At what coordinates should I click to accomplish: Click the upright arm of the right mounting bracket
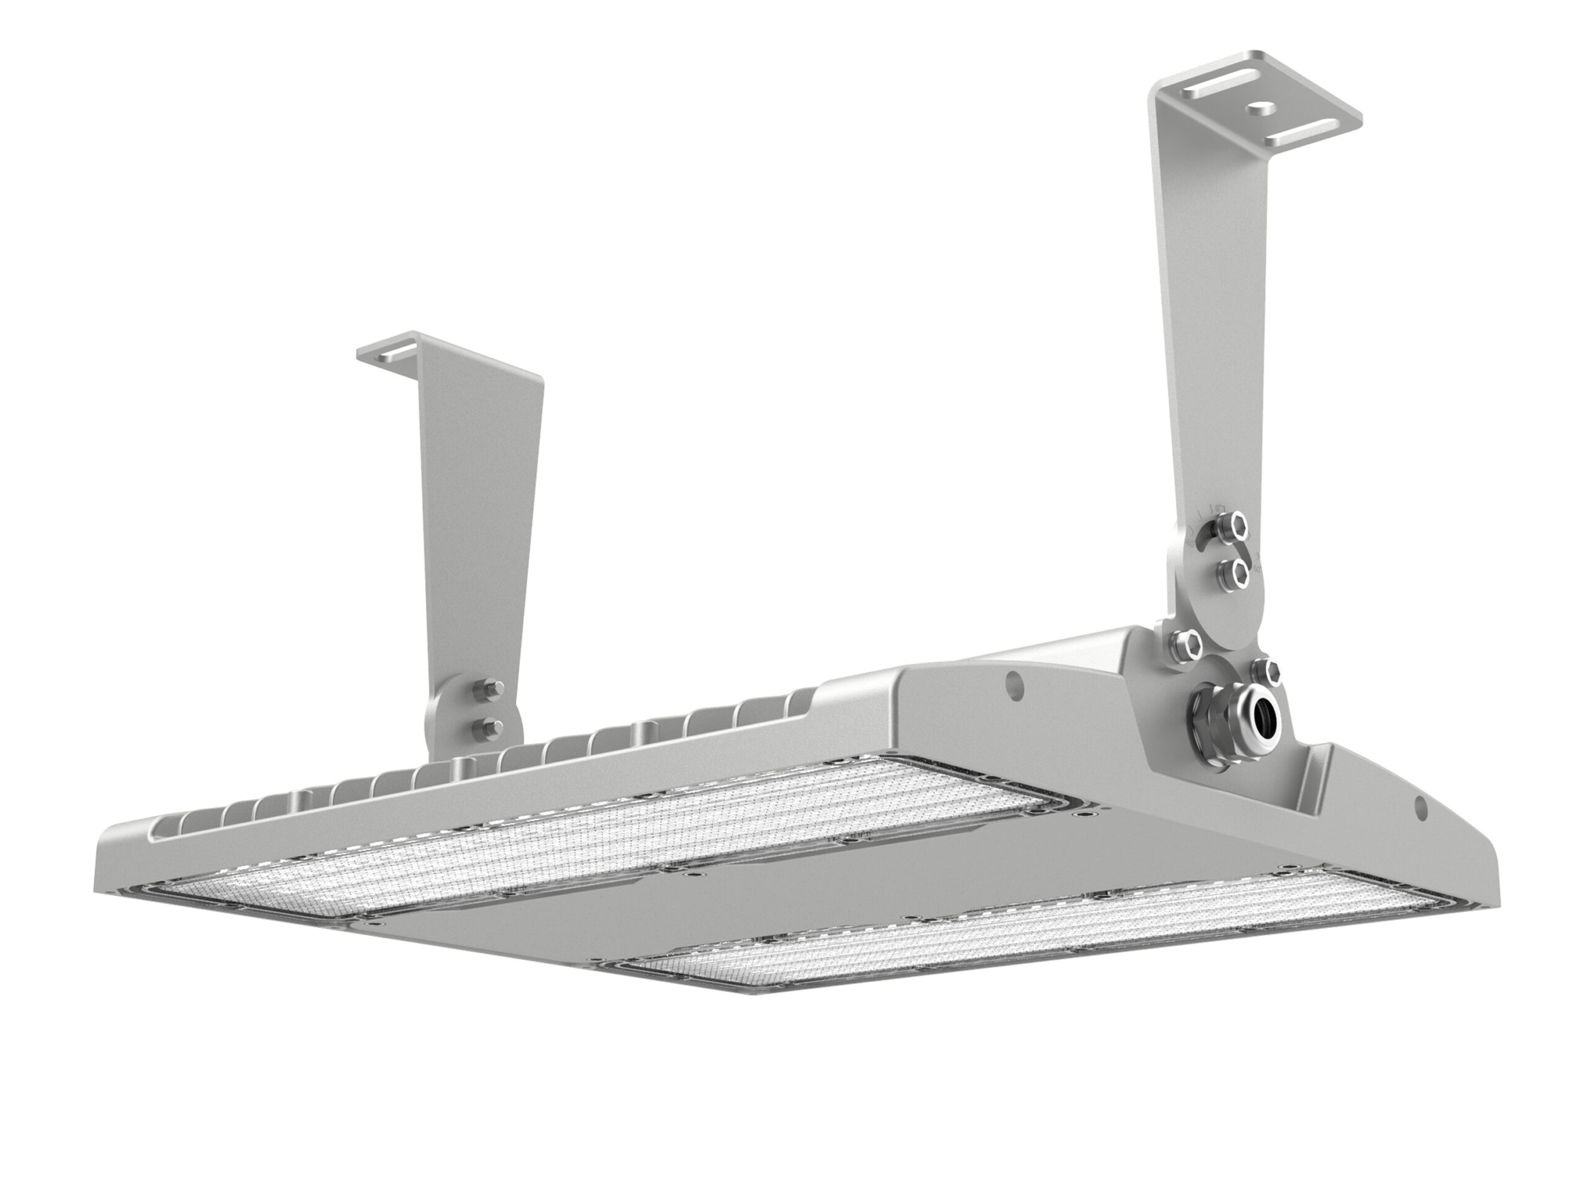click(1205, 323)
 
